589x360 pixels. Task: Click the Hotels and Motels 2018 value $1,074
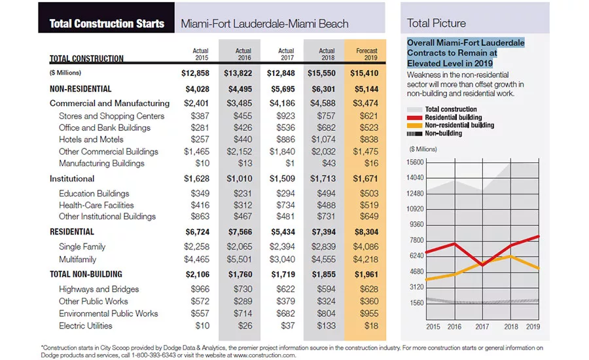tap(323, 139)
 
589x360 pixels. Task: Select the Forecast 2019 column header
tap(367, 54)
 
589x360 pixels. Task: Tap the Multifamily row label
tap(77, 259)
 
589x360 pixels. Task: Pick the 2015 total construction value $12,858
tap(195, 73)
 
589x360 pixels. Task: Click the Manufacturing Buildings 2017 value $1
tap(290, 163)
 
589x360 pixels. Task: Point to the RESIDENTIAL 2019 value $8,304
tap(366, 232)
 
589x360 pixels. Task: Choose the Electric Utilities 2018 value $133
tap(326, 325)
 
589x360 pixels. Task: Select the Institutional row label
tap(72, 179)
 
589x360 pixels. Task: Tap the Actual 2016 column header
tap(243, 54)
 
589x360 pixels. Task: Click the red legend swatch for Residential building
tap(414, 118)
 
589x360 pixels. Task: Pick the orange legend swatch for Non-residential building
tap(414, 126)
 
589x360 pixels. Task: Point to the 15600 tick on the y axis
tap(415, 162)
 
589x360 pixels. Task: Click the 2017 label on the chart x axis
tap(482, 327)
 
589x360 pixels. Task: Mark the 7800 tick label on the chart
tap(417, 240)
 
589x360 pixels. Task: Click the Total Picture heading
tap(436, 24)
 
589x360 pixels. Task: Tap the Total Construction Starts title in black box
tap(107, 24)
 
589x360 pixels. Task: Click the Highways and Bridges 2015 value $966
tap(200, 289)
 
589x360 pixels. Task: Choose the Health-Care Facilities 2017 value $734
tap(285, 205)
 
